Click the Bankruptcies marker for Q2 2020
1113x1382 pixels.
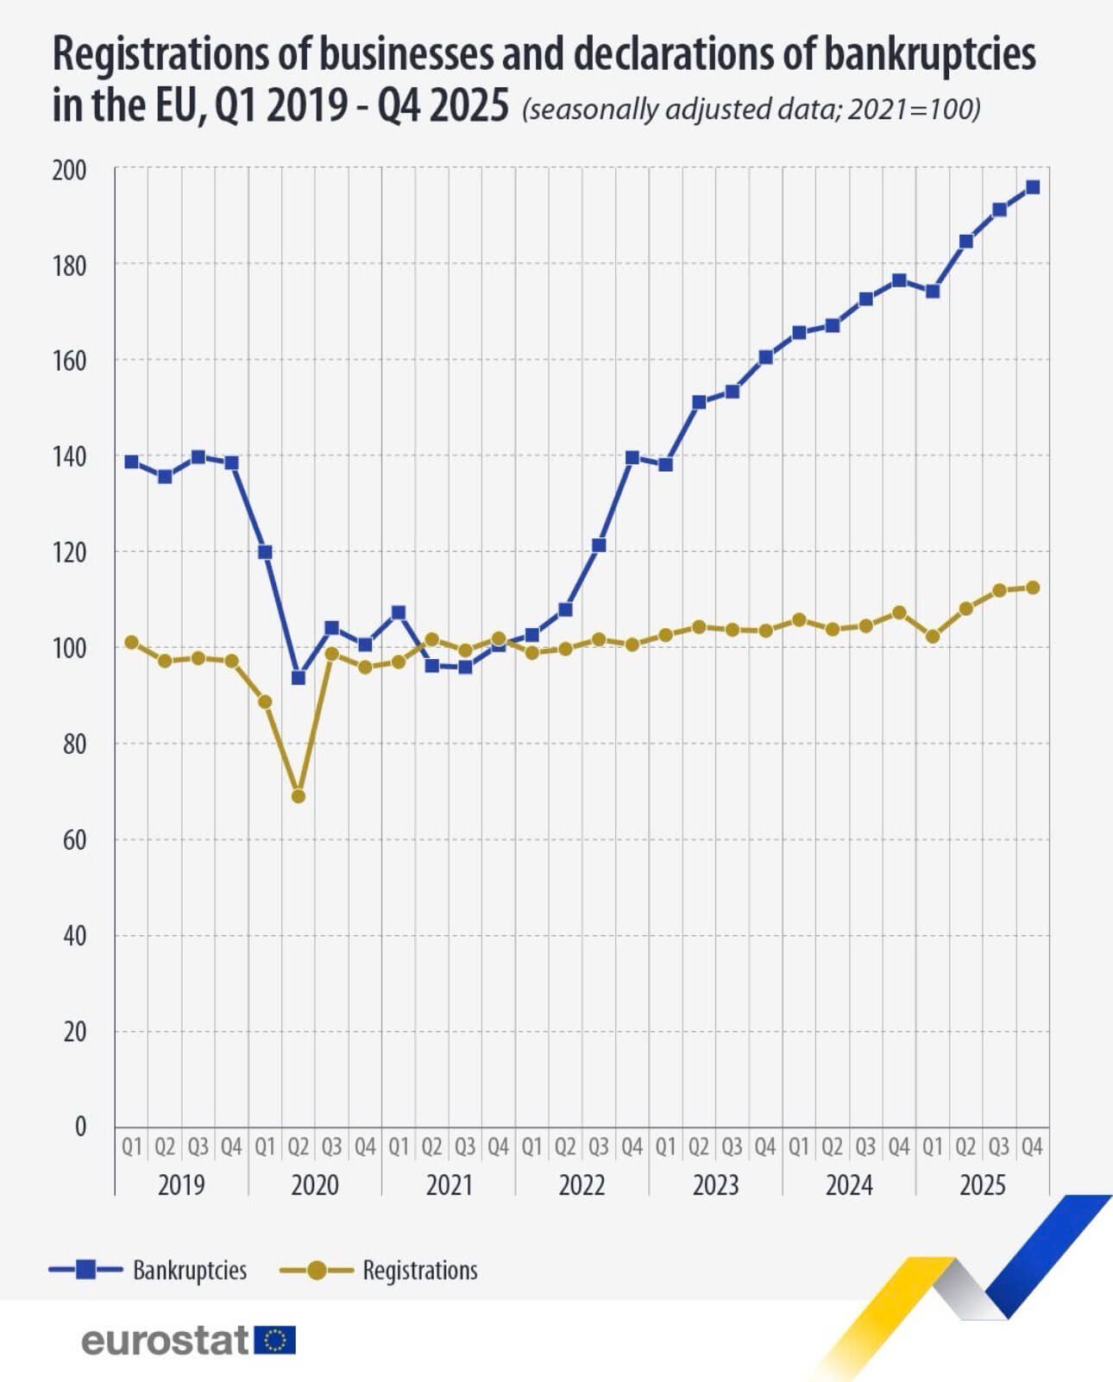[x=299, y=677]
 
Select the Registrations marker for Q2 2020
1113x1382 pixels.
[x=299, y=795]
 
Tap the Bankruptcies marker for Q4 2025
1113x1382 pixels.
[x=1032, y=186]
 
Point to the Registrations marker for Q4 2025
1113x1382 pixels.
[x=1032, y=587]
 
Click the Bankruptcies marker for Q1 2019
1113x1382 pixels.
[x=131, y=462]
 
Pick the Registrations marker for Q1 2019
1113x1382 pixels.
[x=131, y=642]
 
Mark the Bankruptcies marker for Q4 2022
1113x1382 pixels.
[x=632, y=457]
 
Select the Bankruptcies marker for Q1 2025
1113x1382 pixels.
[x=933, y=291]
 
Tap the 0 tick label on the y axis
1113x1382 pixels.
[x=80, y=1126]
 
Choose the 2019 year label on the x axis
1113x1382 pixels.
[x=181, y=1184]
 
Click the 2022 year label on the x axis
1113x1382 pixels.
[x=582, y=1184]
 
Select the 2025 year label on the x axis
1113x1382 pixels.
[x=983, y=1184]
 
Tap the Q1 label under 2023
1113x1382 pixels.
[x=665, y=1146]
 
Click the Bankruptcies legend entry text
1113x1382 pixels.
[x=190, y=1270]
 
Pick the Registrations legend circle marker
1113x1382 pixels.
[x=317, y=1270]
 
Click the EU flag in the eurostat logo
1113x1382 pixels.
[x=276, y=1340]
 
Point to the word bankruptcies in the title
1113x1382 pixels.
[x=929, y=53]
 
